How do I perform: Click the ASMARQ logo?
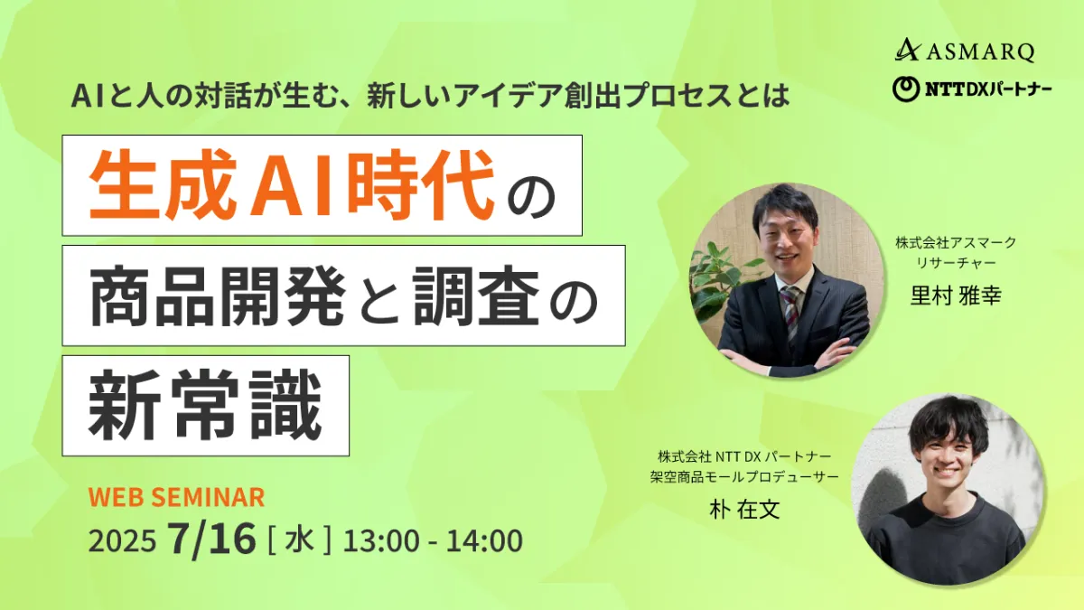[x=965, y=51]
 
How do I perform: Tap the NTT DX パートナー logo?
[x=972, y=89]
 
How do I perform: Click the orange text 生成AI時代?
[x=293, y=185]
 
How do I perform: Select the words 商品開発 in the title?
[x=218, y=296]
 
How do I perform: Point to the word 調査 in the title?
[x=477, y=296]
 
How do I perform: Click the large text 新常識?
[x=205, y=406]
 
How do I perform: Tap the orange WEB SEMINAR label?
[x=177, y=497]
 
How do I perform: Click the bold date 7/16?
[x=211, y=539]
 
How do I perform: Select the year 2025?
[x=122, y=540]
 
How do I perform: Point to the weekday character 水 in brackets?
[x=300, y=540]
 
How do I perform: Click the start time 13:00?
[x=381, y=540]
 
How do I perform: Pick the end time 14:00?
[x=484, y=540]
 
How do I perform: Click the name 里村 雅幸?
[x=956, y=295]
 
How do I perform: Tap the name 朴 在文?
[x=744, y=510]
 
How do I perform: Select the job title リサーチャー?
[x=956, y=263]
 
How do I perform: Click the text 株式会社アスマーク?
[x=956, y=242]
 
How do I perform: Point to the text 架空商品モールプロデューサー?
[x=744, y=477]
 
